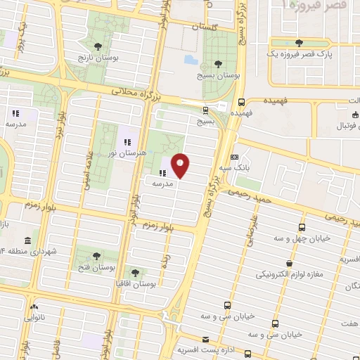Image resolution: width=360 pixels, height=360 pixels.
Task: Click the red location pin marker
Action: coord(181,165)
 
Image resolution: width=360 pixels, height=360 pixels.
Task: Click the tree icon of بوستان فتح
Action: coord(96,256)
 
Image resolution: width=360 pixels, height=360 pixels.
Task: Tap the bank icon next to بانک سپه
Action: coord(235,157)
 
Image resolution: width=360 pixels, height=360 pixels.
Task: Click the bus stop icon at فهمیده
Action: coord(241,101)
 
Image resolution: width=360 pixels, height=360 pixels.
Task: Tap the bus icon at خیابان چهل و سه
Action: coord(302,228)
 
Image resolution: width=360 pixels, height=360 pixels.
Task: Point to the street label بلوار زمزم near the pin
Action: coord(161,225)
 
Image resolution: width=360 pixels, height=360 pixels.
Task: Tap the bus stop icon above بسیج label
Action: coord(205,110)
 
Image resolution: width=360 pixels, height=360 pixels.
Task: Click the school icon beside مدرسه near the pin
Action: coord(162,172)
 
